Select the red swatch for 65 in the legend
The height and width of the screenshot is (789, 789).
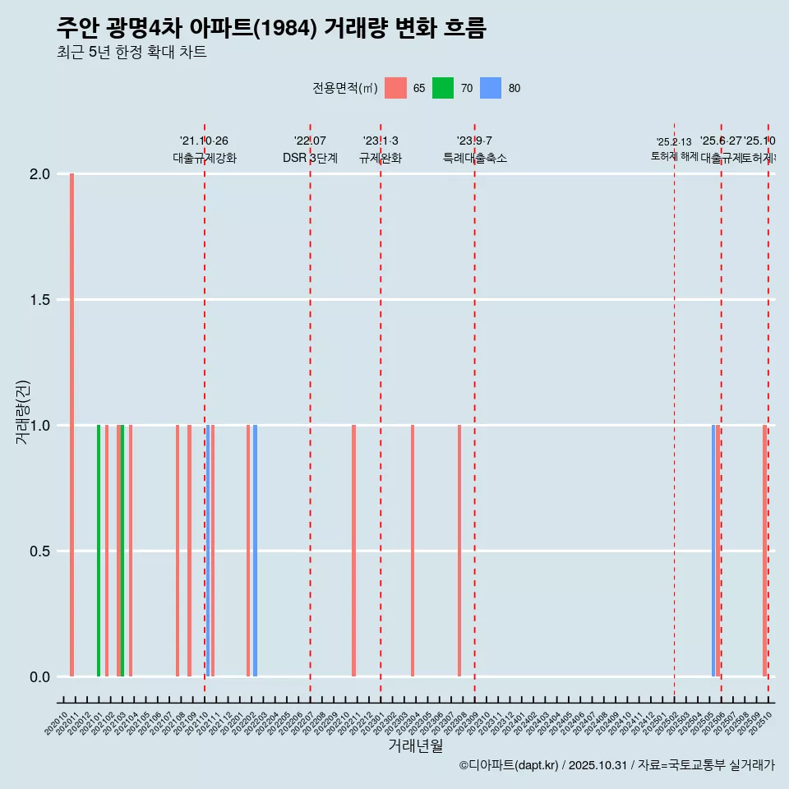395,88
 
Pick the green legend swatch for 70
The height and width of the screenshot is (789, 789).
443,88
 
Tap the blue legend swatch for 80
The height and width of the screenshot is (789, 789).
491,88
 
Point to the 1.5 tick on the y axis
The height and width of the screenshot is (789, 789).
39,300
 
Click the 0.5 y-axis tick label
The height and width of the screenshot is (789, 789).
39,551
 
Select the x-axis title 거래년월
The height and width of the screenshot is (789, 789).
415,745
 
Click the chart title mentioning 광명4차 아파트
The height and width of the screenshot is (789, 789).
271,28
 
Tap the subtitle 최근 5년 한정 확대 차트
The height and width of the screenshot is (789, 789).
131,53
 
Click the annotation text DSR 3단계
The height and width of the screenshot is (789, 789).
310,158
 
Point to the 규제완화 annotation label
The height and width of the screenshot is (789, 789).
381,158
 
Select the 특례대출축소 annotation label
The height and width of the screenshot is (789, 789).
474,158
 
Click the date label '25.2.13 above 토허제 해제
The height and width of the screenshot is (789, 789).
674,141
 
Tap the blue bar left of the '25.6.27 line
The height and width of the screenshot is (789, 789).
713,551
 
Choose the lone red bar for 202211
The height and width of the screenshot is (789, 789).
354,551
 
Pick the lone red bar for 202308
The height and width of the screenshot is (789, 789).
459,551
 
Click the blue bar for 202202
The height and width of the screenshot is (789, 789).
255,551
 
